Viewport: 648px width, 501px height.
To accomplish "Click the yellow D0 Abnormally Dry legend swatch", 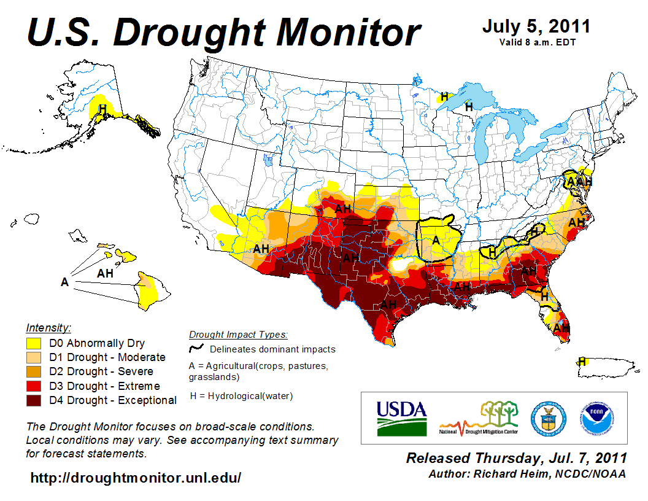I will point(33,343).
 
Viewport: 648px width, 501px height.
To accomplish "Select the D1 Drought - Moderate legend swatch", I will point(33,357).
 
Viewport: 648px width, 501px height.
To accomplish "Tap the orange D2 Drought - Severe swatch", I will point(33,371).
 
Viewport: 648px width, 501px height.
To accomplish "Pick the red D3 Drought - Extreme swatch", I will point(33,386).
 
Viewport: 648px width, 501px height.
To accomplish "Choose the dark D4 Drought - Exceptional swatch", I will point(33,400).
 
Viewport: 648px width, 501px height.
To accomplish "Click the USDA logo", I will point(401,418).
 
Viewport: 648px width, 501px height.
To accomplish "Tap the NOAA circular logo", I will point(595,417).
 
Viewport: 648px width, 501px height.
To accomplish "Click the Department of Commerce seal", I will point(548,417).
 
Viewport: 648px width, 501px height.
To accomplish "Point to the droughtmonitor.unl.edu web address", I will point(136,478).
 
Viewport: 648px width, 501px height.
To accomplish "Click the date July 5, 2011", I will point(536,26).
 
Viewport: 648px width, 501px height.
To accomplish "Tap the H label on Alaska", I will point(103,109).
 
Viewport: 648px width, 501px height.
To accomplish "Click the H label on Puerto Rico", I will point(581,361).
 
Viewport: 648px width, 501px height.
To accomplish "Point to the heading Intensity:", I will point(48,327).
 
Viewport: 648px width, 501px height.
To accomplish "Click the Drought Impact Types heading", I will point(238,335).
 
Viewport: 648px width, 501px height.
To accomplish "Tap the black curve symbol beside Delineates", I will point(197,348).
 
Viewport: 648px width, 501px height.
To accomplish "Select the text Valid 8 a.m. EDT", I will point(536,42).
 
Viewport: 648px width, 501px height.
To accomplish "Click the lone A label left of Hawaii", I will point(64,282).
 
